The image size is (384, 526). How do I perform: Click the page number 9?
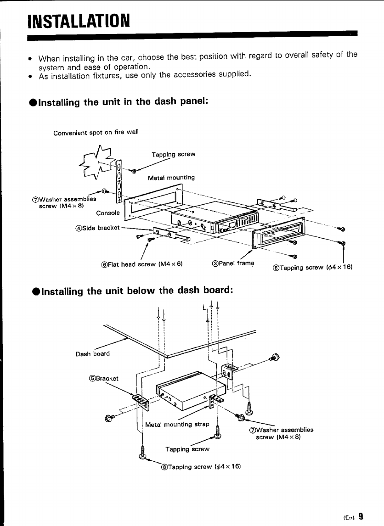[x=361, y=516]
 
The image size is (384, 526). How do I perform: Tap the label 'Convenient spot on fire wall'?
[x=96, y=133]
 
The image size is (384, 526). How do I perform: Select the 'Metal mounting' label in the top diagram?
[x=171, y=177]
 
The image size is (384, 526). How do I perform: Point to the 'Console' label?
[x=108, y=213]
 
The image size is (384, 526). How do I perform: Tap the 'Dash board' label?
[x=93, y=353]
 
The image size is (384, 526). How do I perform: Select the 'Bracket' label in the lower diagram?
[x=103, y=378]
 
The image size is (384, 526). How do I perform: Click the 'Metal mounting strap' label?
[x=177, y=424]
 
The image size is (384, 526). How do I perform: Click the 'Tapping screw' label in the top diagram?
[x=174, y=154]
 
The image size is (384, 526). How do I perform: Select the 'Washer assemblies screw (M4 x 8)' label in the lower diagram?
[x=281, y=433]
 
